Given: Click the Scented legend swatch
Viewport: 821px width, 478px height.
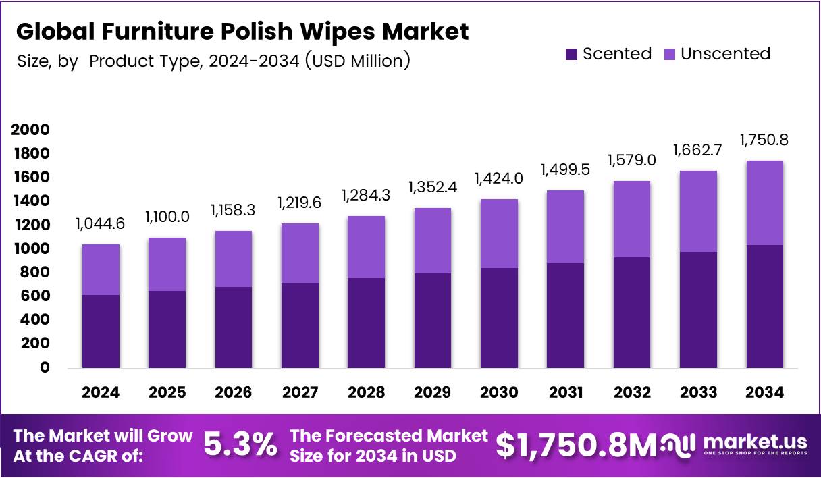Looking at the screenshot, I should click(x=571, y=55).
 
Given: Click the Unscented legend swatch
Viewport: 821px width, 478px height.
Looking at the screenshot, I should click(x=670, y=55).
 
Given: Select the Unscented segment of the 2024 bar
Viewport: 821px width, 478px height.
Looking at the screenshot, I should click(x=101, y=269).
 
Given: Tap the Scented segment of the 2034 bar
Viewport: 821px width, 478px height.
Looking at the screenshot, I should click(x=764, y=307).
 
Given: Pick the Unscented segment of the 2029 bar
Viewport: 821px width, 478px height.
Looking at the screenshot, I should click(x=433, y=240).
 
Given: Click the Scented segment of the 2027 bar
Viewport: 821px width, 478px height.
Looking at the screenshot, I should click(x=300, y=325).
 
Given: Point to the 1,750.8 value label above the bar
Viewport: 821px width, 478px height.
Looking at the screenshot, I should click(x=764, y=140).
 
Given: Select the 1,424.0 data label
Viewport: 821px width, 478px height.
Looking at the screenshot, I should click(x=499, y=179).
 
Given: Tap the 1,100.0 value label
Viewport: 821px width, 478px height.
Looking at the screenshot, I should click(x=167, y=217).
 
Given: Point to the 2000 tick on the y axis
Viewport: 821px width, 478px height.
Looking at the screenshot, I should click(x=30, y=130).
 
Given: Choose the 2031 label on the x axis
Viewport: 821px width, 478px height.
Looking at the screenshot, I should click(x=565, y=392).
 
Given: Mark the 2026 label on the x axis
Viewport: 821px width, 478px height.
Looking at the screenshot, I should click(x=234, y=392).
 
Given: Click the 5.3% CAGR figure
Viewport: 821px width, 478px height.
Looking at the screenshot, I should click(x=240, y=445).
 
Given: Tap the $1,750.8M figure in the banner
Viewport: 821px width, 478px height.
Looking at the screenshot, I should click(x=576, y=445).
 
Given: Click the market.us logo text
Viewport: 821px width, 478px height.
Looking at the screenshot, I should click(x=754, y=442).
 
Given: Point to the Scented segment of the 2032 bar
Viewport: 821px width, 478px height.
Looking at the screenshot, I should click(x=632, y=313).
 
